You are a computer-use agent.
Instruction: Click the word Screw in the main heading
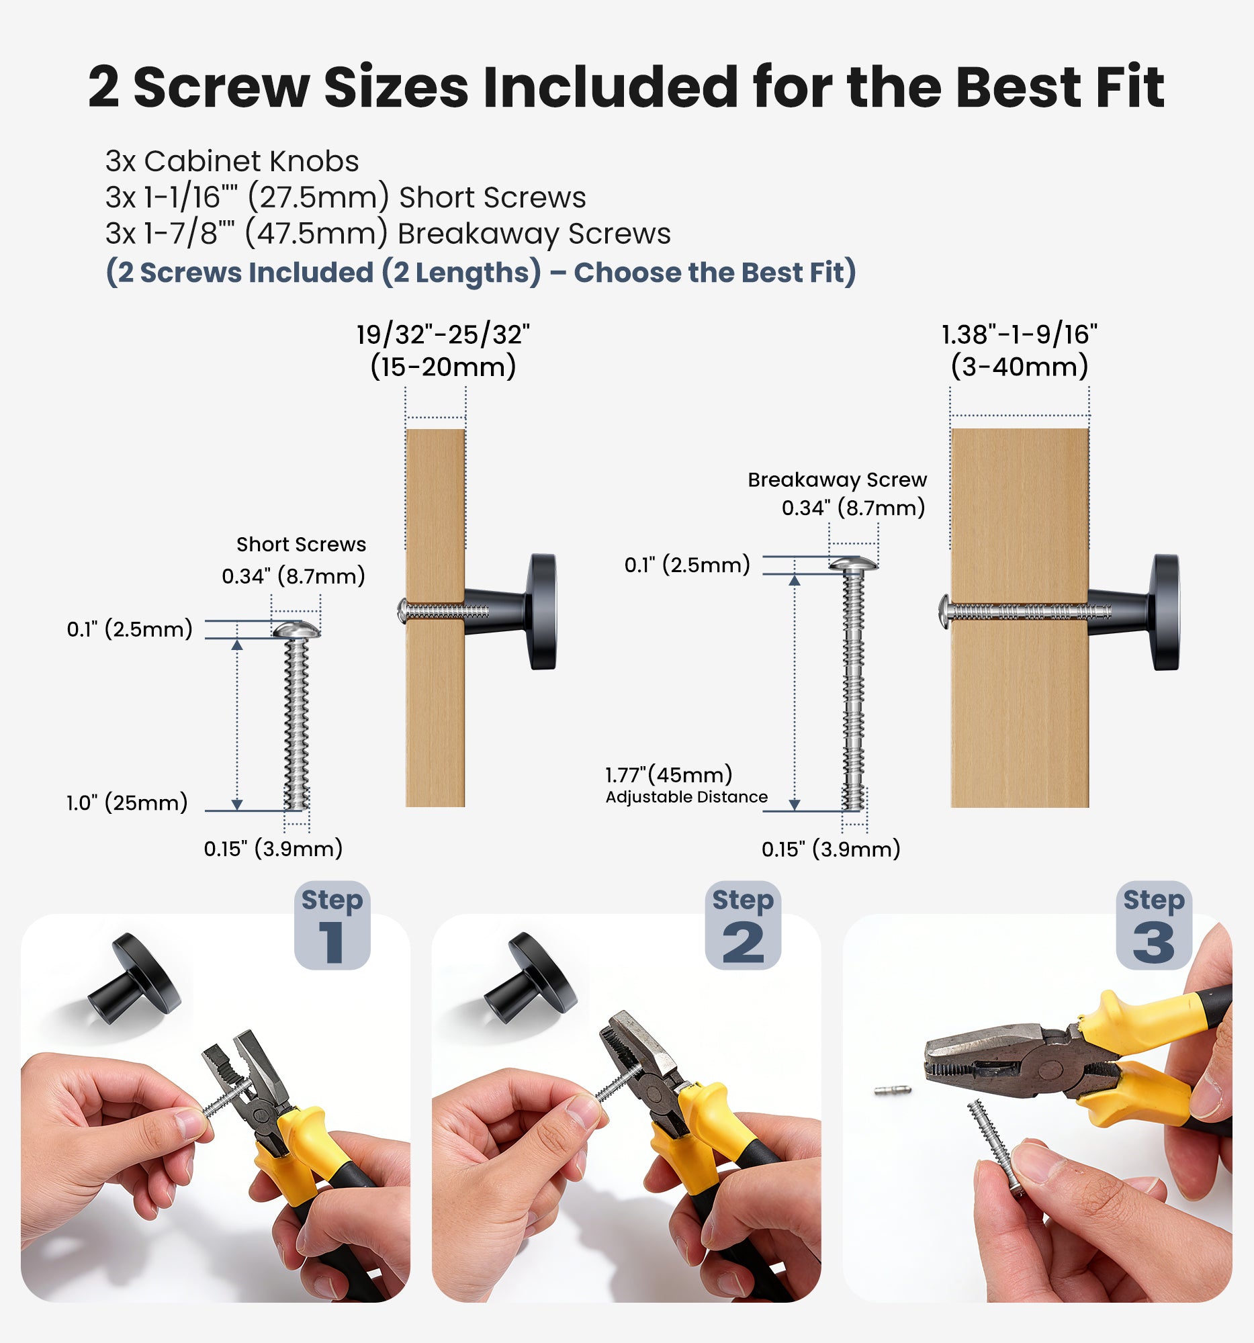coord(222,87)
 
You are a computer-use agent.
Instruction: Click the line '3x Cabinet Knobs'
coord(232,160)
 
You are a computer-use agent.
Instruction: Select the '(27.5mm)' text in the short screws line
coord(318,198)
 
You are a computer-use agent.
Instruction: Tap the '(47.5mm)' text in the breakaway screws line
coord(317,234)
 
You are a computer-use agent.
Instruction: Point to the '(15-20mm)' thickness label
coord(443,367)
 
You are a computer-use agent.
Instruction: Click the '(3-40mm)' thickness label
coord(1020,367)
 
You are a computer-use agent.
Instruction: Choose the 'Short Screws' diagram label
coord(302,545)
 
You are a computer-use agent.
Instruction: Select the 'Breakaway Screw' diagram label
coord(837,479)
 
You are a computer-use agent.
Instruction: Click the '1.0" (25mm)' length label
coord(127,803)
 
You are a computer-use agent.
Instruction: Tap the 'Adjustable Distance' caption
coord(686,797)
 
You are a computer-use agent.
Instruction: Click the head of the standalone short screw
coord(296,630)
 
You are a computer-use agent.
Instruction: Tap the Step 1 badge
coord(332,925)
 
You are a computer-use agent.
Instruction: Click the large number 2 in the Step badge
coord(744,943)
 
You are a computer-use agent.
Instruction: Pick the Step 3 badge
coord(1154,925)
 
